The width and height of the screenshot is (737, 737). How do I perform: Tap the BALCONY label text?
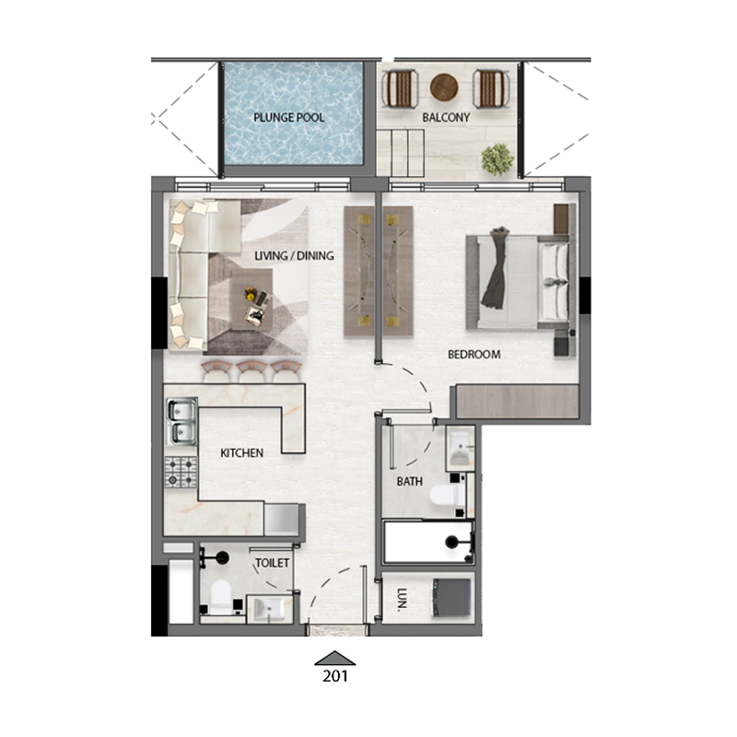point(446,118)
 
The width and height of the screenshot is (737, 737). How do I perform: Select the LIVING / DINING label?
point(294,256)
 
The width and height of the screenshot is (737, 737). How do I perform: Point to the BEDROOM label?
point(474,355)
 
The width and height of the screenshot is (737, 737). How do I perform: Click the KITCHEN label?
point(242,453)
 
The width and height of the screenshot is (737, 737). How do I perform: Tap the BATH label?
point(409,481)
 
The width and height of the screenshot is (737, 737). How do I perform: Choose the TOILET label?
point(273,563)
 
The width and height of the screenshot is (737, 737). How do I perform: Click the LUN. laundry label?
point(403,602)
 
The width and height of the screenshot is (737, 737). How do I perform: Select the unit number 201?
point(335,674)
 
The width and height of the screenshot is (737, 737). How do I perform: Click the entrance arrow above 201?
point(335,657)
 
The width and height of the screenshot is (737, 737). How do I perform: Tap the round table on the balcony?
point(444,87)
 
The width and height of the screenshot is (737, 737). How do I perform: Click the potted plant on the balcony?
point(497,158)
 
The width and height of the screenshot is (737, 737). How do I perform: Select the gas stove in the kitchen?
point(181,472)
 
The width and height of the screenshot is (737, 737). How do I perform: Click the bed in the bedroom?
point(521,281)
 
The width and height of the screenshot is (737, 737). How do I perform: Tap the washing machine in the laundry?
point(453,596)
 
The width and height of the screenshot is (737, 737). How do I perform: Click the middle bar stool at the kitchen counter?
point(251,369)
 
